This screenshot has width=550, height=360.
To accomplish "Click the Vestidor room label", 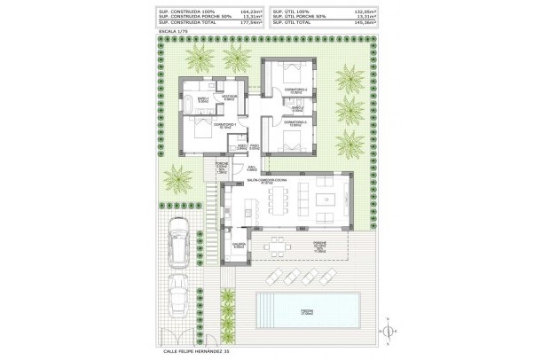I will (x=229, y=97).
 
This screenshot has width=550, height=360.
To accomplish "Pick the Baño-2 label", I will (x=300, y=109).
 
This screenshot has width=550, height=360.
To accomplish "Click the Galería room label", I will (x=237, y=247).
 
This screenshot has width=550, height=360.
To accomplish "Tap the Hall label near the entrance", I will (x=251, y=167).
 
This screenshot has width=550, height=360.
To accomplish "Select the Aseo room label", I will (x=228, y=148).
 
